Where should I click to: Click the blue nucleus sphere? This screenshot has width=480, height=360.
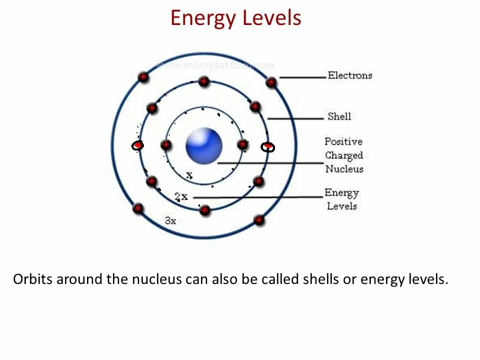pos(204,145)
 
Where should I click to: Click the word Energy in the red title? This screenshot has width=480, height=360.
pos(202,18)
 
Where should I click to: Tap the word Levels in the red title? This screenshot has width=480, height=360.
pos(271,18)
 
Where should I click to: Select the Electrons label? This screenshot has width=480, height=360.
pos(350,75)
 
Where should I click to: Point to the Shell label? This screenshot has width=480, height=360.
pos(339,116)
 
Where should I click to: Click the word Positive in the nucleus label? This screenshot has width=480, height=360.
pos(343,141)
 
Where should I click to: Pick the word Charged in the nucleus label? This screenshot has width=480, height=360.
pos(344,155)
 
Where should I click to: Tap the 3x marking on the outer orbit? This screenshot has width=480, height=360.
pos(170,220)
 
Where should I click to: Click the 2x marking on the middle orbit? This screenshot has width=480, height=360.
pos(181,196)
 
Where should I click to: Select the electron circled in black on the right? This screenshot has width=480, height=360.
pos(268,146)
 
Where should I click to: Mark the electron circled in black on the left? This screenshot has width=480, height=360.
pos(138,145)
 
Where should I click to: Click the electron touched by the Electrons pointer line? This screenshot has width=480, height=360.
pos(271,82)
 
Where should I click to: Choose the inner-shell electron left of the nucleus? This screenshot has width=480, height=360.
pos(166,145)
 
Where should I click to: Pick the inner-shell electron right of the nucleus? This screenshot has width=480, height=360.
pos(242,145)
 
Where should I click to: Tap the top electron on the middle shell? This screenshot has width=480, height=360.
pos(203,81)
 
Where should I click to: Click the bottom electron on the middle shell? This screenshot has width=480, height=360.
pos(204,210)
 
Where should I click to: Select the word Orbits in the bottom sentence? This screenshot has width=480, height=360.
pos(32,279)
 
